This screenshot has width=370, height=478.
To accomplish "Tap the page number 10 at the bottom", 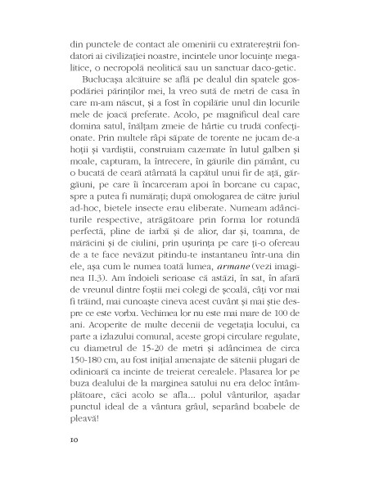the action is [74, 462].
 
